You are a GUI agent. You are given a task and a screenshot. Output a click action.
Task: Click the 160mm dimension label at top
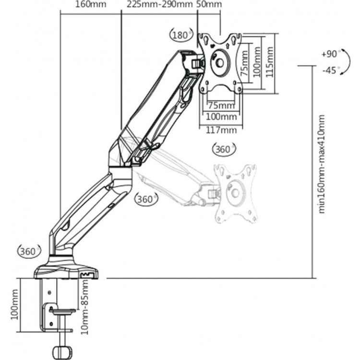(x=91, y=4)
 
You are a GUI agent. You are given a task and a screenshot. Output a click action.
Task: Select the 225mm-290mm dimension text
(x=160, y=4)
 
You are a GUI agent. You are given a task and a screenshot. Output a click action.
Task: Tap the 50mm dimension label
(x=209, y=4)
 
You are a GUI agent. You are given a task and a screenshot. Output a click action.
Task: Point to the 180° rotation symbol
(x=181, y=36)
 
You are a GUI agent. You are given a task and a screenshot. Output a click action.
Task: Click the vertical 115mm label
(x=270, y=62)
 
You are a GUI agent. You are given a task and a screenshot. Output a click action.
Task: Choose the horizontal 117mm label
(x=221, y=130)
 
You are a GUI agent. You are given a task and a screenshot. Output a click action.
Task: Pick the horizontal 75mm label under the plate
(x=221, y=106)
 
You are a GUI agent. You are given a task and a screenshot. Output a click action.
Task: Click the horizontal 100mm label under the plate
(x=221, y=117)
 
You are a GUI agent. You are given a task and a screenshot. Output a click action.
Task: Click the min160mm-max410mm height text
(x=322, y=164)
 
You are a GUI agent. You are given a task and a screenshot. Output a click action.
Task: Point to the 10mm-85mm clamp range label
(x=84, y=307)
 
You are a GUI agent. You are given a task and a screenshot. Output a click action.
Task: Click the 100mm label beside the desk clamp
(x=14, y=304)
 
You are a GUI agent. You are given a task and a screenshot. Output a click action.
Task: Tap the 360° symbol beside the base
(x=29, y=252)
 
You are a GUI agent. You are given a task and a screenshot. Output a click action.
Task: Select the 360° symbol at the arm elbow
(x=146, y=199)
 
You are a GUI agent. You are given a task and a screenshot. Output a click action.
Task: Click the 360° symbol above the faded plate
(x=224, y=149)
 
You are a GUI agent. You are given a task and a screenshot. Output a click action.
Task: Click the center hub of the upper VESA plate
(x=220, y=62)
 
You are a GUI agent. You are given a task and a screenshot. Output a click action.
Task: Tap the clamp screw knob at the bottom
(x=61, y=352)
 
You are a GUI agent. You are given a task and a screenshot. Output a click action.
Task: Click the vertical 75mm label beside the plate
(x=244, y=63)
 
